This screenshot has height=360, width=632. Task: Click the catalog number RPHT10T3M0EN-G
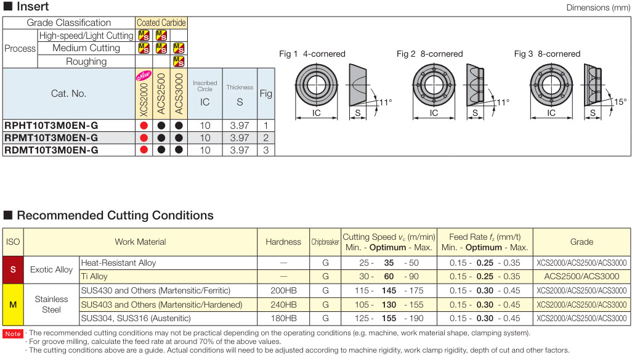pyautogui.click(x=51, y=125)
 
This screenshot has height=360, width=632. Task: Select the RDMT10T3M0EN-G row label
pyautogui.click(x=51, y=150)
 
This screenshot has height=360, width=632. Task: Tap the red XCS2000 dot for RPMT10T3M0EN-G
pyautogui.click(x=144, y=137)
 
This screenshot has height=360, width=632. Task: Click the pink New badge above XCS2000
pyautogui.click(x=142, y=77)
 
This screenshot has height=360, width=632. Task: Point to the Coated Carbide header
pyautogui.click(x=161, y=22)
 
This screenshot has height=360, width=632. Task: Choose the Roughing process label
pyautogui.click(x=86, y=61)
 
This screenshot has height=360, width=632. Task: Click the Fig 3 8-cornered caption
pyautogui.click(x=547, y=54)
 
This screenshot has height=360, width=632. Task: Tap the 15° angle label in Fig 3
pyautogui.click(x=620, y=102)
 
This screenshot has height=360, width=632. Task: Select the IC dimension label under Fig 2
pyautogui.click(x=434, y=113)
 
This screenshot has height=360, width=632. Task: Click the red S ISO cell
pyautogui.click(x=13, y=269)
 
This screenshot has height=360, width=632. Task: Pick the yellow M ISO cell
pyautogui.click(x=13, y=305)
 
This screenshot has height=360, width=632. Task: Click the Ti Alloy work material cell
pyautogui.click(x=94, y=277)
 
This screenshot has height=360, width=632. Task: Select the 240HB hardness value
pyautogui.click(x=283, y=305)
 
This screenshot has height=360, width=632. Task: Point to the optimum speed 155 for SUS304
pyautogui.click(x=389, y=318)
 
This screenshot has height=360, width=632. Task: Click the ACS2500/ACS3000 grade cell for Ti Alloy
pyautogui.click(x=581, y=277)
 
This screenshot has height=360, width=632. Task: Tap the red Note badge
pyautogui.click(x=13, y=333)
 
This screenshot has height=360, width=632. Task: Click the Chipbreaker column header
pyautogui.click(x=325, y=242)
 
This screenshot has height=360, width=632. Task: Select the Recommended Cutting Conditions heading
pyautogui.click(x=115, y=215)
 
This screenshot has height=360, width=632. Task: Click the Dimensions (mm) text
pyautogui.click(x=598, y=7)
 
